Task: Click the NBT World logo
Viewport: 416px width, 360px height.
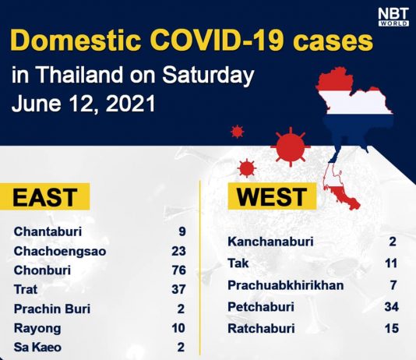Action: point(393,17)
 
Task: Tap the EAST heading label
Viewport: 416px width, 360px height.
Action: point(45,197)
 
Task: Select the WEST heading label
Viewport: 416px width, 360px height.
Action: point(272,196)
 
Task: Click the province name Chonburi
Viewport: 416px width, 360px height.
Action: point(42,270)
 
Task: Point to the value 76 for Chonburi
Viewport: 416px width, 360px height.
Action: point(179,270)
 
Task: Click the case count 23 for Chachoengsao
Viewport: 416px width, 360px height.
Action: point(179,251)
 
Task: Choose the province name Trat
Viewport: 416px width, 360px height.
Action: point(26,289)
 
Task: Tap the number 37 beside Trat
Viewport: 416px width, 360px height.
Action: point(179,289)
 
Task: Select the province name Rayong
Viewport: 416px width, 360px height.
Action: point(37,328)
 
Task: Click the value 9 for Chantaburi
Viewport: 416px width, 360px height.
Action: point(182,231)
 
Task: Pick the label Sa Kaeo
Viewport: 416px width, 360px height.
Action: point(37,348)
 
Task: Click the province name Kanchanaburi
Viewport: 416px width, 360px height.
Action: point(270,242)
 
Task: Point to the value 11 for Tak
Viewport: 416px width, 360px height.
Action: point(391,263)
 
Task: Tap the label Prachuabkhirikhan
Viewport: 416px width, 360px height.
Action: point(286,285)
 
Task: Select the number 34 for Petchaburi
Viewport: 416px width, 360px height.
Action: point(392,307)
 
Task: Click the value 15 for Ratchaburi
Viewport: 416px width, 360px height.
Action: point(392,328)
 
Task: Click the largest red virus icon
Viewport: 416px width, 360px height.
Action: point(291,146)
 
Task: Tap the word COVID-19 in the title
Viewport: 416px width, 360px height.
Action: point(217,41)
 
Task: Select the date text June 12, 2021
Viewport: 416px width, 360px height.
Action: point(83,104)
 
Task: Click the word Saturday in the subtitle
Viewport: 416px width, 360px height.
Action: point(208,75)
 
